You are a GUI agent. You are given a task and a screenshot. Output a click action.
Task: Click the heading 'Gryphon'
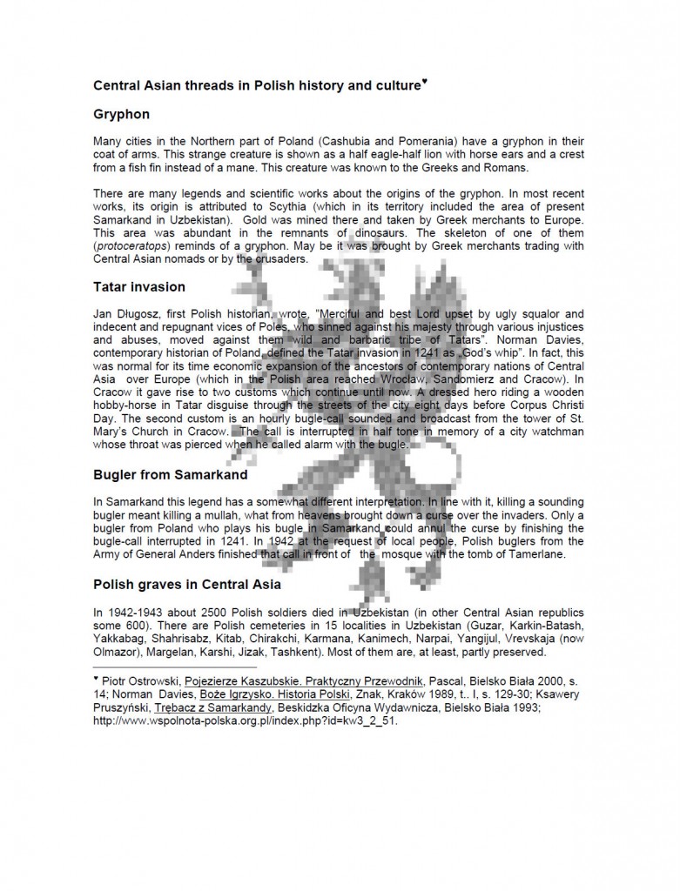point(121,114)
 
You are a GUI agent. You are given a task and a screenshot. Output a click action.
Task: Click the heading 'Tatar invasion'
point(138,286)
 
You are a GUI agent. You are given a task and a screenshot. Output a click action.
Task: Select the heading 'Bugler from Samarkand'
point(170,474)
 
